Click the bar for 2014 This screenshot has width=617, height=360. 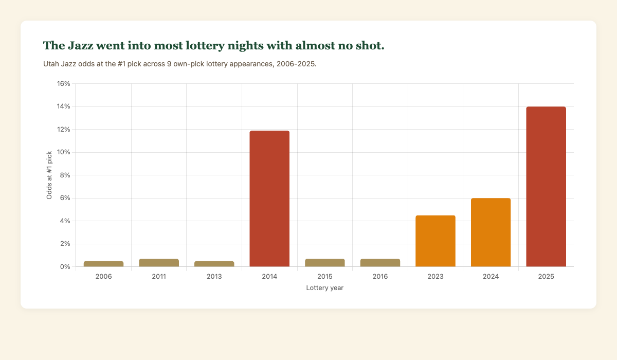[269, 199]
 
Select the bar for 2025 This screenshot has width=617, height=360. [546, 187]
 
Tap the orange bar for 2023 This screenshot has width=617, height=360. [435, 241]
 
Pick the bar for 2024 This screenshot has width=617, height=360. [491, 232]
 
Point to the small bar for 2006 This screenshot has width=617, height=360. [104, 264]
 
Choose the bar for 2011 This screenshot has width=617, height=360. [159, 263]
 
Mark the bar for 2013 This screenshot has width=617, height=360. [214, 264]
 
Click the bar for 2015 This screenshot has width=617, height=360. [325, 263]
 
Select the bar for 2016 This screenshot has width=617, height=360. [380, 263]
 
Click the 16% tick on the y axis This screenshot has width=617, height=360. [62, 84]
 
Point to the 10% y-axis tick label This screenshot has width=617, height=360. [62, 152]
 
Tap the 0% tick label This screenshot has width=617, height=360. [64, 267]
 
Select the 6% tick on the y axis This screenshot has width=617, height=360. [64, 198]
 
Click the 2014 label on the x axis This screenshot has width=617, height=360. [269, 277]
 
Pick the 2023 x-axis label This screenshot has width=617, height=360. [435, 277]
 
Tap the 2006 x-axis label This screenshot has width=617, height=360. [104, 277]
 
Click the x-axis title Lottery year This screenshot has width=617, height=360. [324, 288]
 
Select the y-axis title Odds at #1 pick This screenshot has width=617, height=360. [49, 175]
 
